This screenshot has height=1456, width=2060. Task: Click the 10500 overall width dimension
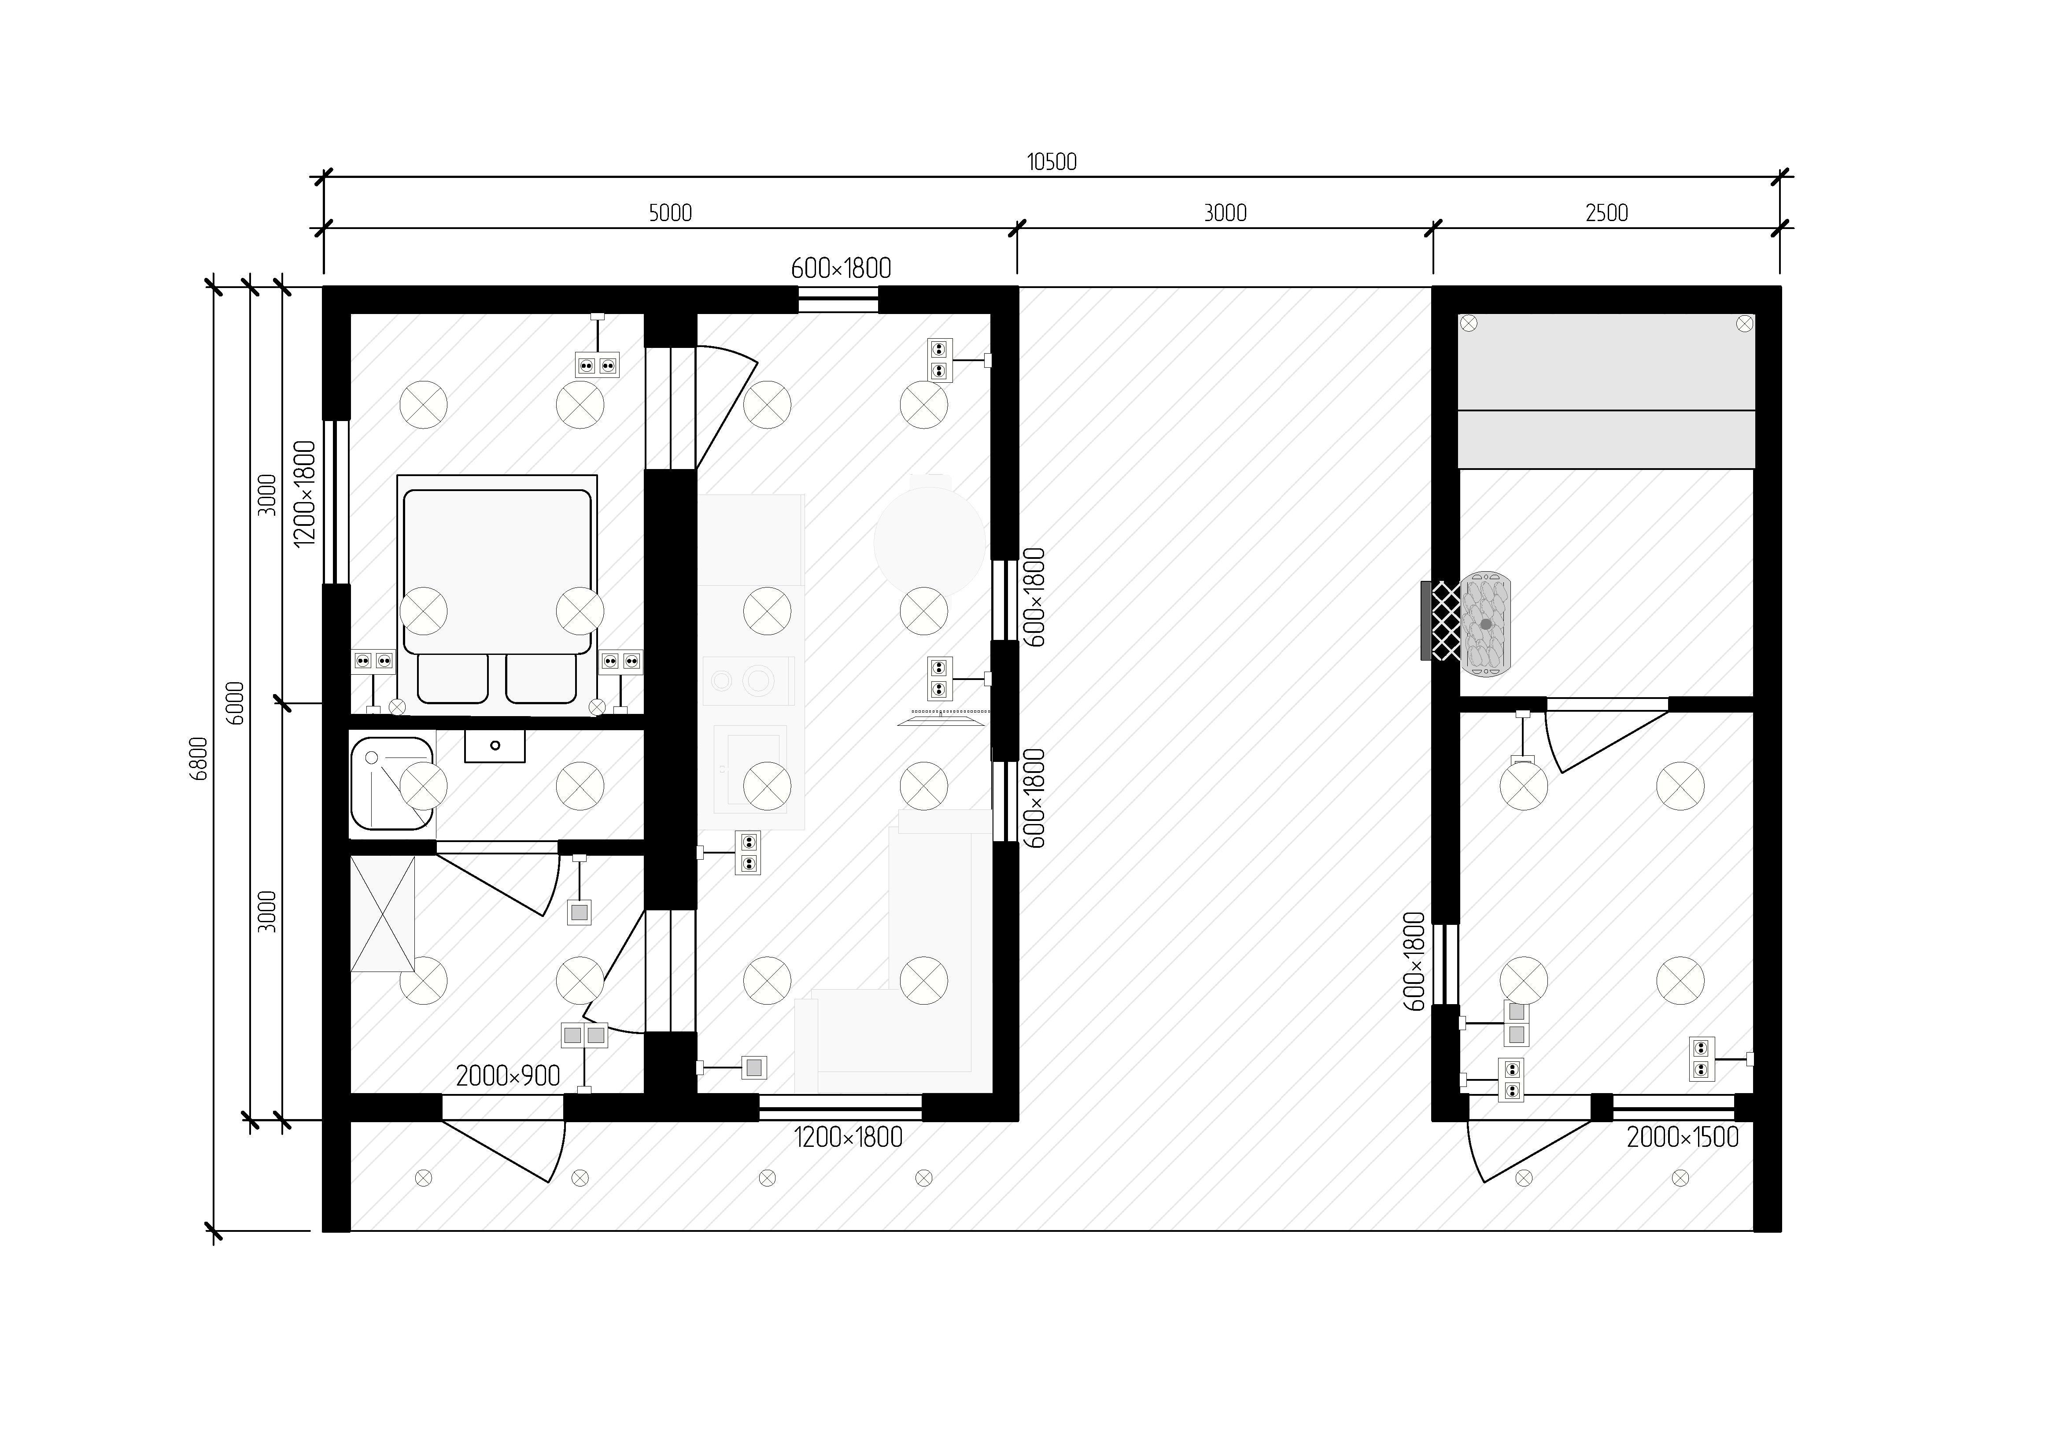coord(1052,163)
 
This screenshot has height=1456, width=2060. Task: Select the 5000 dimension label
coord(670,214)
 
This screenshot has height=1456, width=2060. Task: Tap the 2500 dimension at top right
coord(1606,214)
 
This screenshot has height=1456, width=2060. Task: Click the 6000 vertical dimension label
coord(235,702)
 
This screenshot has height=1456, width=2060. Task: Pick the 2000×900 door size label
coord(508,1076)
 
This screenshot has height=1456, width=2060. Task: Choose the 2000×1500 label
coord(1682,1138)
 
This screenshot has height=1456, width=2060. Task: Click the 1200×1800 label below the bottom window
coord(848,1138)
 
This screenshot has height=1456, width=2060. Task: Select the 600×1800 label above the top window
coord(841,268)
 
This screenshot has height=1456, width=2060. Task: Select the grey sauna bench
coord(1606,391)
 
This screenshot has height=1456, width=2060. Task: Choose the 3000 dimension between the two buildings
coord(1225,214)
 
